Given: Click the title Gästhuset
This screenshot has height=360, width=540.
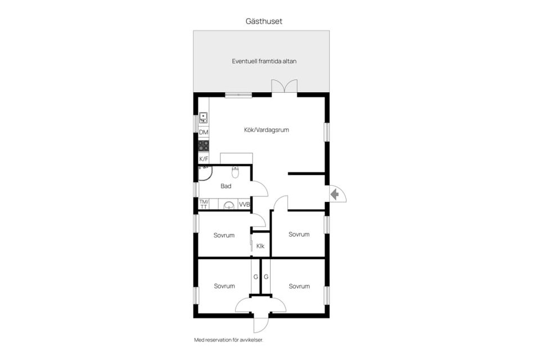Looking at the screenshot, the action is pos(264,21).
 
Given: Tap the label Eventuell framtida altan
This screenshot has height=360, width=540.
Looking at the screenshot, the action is pos(264,61).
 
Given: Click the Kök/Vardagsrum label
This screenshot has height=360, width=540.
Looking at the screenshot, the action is pos(267,130).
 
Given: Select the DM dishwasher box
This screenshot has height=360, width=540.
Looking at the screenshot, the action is pos(204,132).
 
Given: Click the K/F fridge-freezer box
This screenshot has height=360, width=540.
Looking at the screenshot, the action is pos(204,159).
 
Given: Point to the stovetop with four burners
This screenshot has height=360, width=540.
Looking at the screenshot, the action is pos(204,146).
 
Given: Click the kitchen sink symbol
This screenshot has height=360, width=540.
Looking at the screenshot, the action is pos(204,118).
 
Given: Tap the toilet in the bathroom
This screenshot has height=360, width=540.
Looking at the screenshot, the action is pos(235,172).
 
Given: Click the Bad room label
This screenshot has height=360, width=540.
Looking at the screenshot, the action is pos(226,186).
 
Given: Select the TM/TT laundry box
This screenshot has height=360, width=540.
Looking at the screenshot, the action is pos(204,204).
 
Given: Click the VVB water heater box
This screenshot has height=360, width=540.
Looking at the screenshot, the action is pos(244,204).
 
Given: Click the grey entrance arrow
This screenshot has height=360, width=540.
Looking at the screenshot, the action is pos(334,195).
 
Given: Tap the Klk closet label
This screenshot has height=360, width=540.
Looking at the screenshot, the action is pos(260,246).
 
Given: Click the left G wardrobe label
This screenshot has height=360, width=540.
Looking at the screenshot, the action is pos(255,277).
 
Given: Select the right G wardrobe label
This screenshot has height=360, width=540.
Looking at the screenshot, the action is pos(266,277).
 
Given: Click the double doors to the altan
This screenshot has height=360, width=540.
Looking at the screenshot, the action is pos(285,86).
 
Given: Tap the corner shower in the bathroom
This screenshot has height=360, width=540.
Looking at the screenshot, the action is pos(205,173).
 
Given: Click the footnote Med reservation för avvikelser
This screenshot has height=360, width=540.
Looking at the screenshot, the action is pos(229,340).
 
